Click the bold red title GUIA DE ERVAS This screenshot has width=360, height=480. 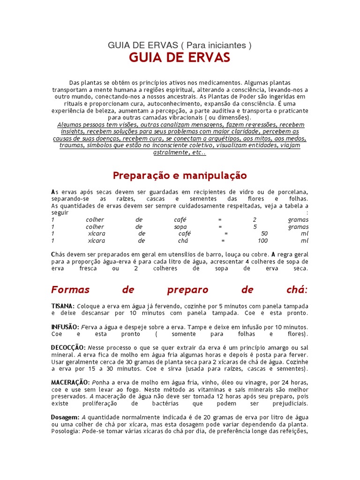tap(180, 58)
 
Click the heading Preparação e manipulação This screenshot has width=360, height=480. tap(180, 176)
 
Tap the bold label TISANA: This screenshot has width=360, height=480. tap(63, 306)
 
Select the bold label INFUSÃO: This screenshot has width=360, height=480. tap(66, 327)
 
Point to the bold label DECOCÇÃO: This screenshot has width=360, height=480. tap(68, 347)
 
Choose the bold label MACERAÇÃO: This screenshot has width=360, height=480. tap(71, 382)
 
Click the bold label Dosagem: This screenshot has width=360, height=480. tap(65, 417)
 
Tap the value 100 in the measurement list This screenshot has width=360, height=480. tap(262, 241)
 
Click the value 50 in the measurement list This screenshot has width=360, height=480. tap(264, 234)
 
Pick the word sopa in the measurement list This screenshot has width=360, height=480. tap(180, 227)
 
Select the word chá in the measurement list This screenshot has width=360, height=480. tap(183, 241)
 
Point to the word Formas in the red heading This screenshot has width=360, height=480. tap(70, 289)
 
